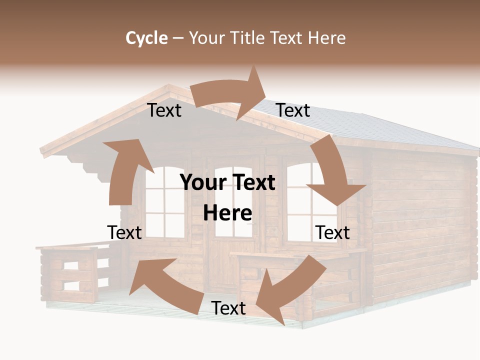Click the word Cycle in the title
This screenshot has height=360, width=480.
(x=146, y=38)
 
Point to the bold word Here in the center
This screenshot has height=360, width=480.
(x=227, y=213)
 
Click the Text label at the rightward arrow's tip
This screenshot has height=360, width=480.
(x=293, y=110)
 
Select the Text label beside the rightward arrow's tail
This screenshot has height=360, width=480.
(x=164, y=110)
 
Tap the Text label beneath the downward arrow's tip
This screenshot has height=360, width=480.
(x=332, y=232)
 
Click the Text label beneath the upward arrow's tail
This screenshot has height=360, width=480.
(x=124, y=232)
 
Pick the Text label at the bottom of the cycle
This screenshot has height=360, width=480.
(x=228, y=308)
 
